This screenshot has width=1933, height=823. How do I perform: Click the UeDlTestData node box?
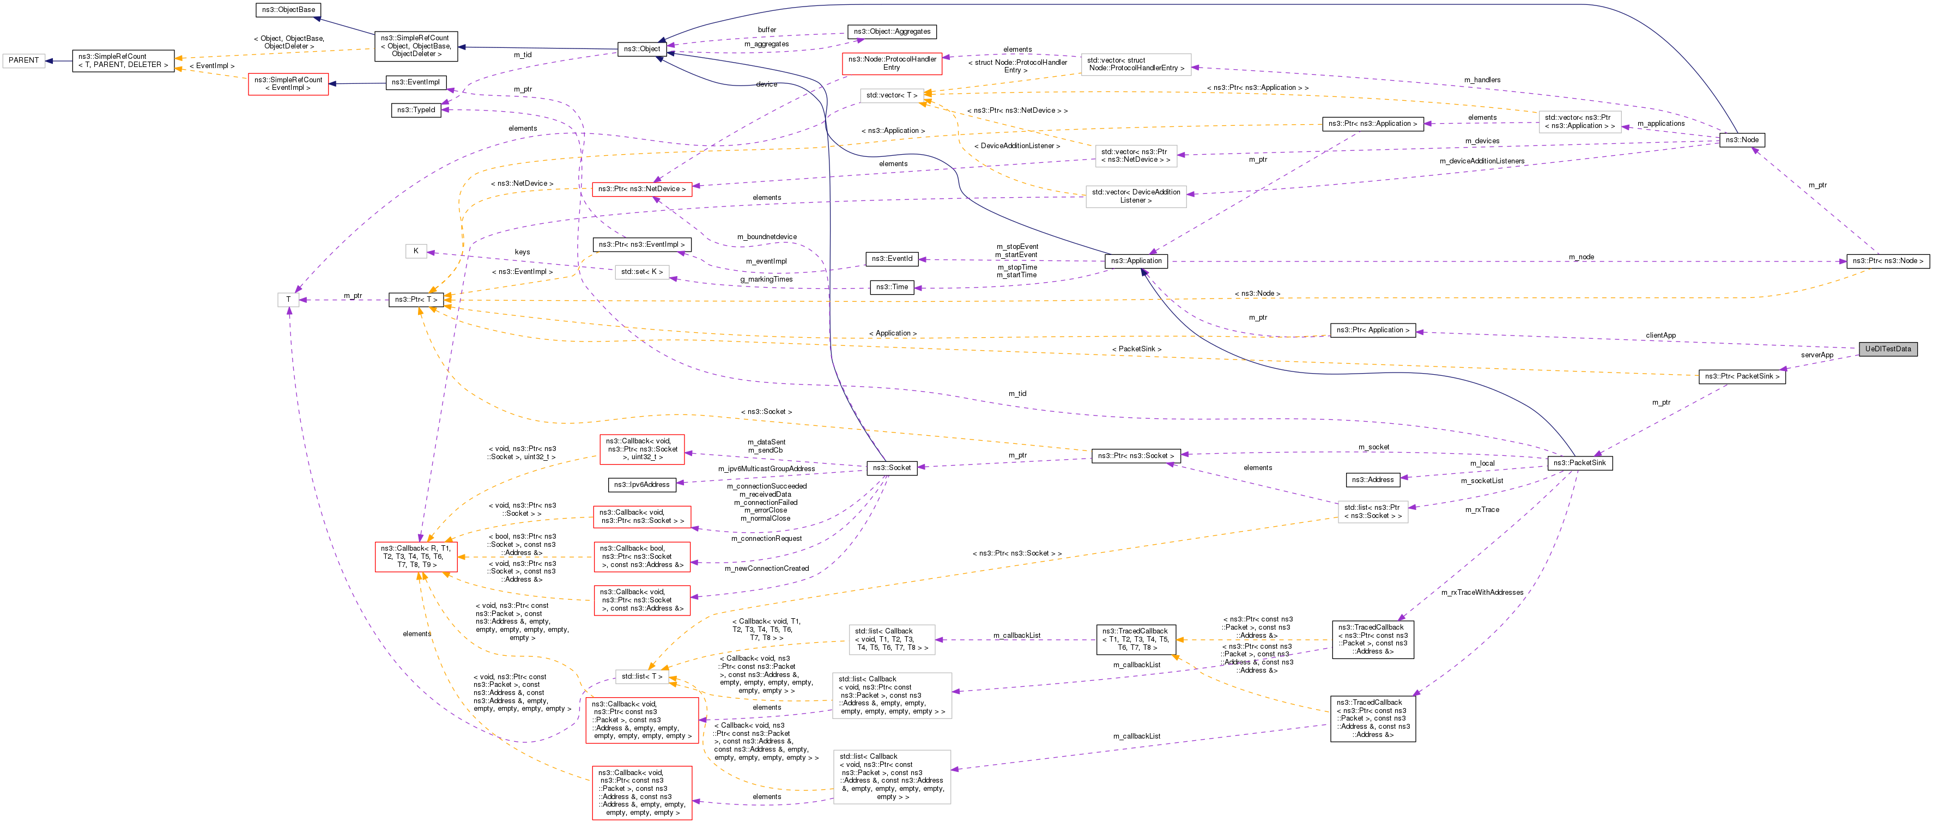tap(1887, 349)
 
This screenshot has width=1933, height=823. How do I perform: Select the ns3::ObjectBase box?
tap(288, 10)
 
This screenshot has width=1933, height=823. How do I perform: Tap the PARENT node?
tap(23, 60)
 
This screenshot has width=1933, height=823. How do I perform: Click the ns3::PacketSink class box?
tap(1579, 463)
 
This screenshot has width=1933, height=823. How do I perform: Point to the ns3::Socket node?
tap(892, 468)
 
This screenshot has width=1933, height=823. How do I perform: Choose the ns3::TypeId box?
tap(416, 110)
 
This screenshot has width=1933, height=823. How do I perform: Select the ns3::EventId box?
tap(892, 259)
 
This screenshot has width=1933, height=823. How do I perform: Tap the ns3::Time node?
tap(892, 288)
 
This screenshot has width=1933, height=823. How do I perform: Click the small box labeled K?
tap(416, 251)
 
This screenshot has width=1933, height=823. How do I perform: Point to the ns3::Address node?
tap(1372, 479)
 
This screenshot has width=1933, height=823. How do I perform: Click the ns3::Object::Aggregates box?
tap(892, 32)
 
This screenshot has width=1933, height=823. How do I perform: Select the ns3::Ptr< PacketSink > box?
tap(1742, 376)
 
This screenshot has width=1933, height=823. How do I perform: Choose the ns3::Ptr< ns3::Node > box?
tap(1887, 261)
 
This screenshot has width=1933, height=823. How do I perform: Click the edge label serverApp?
tap(1817, 356)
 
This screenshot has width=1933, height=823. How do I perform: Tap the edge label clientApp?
tap(1660, 336)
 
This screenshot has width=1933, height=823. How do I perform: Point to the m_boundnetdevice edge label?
tap(766, 237)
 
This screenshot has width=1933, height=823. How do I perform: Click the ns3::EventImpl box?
tap(416, 83)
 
